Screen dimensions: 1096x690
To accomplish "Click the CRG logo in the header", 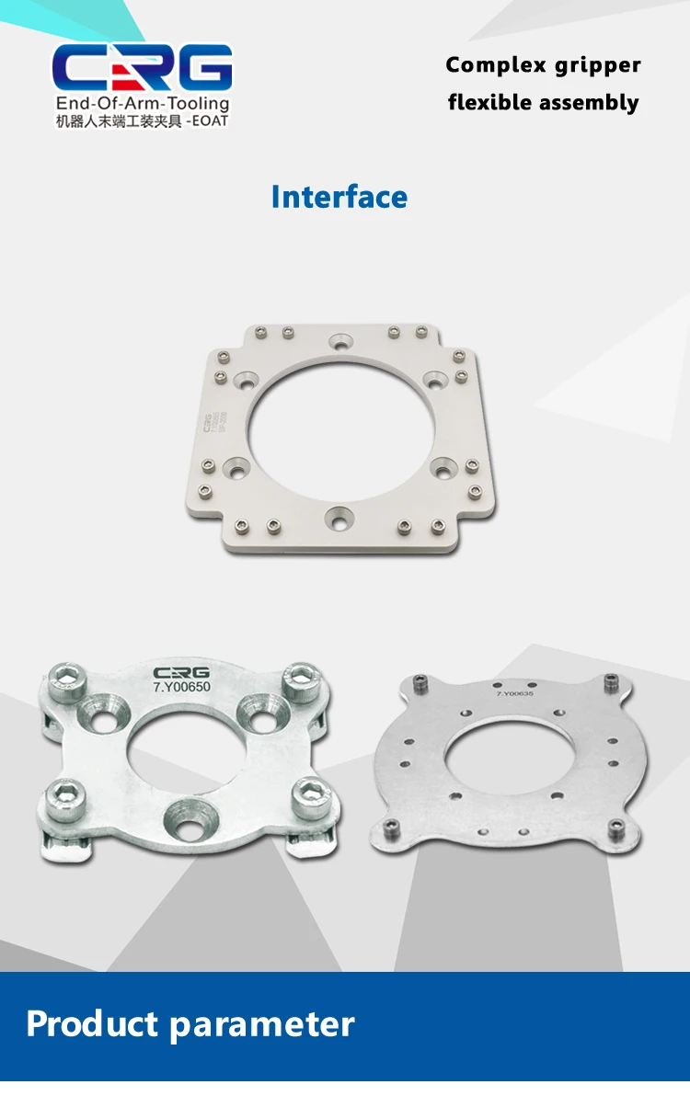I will point(142,67).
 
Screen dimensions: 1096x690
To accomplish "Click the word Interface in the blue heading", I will point(339,197).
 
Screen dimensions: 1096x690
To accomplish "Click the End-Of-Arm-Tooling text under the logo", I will point(142,104).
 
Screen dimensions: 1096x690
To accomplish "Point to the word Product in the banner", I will point(92,1024).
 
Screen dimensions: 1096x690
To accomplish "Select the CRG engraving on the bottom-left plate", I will point(182,673).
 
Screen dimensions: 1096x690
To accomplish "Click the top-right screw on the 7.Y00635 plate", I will point(610,682).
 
